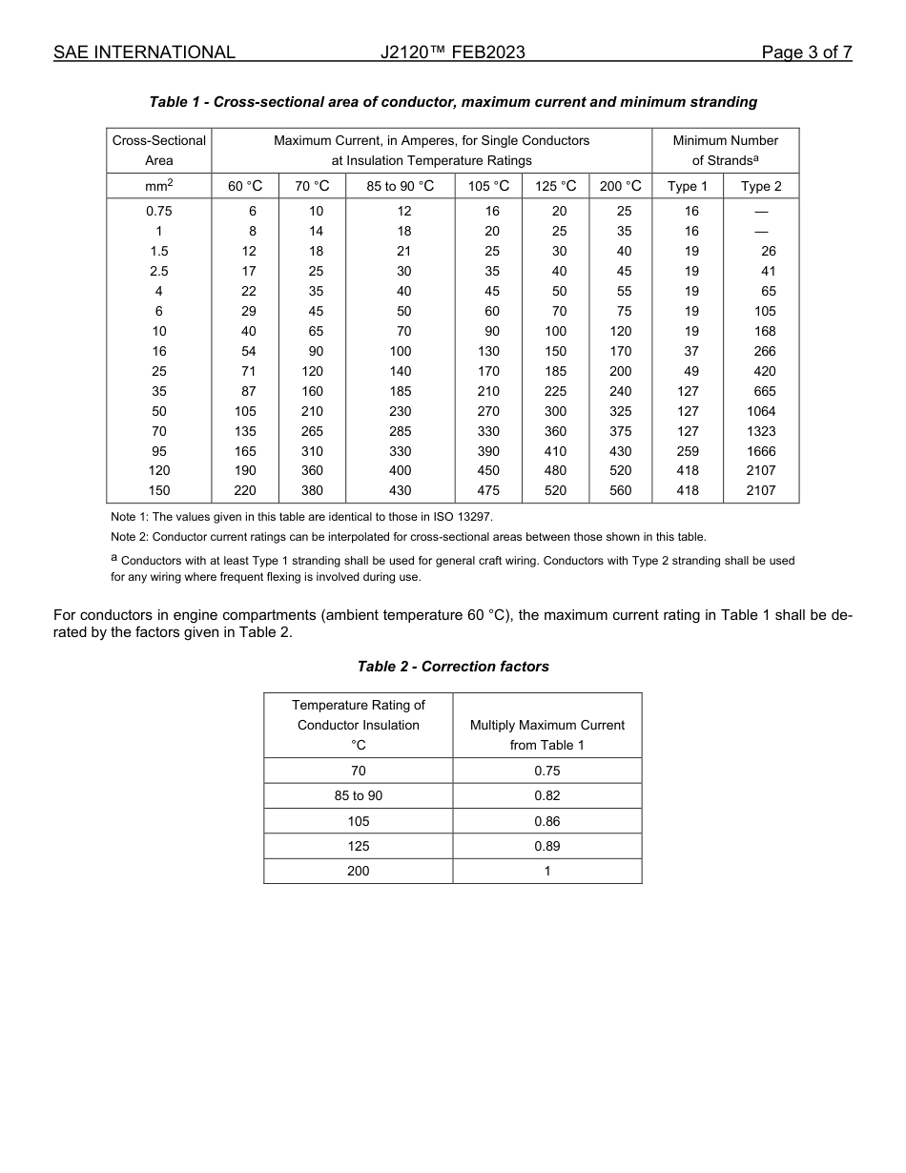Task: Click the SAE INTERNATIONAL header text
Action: click(144, 52)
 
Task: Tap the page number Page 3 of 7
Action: click(806, 52)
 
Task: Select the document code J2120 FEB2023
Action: click(452, 52)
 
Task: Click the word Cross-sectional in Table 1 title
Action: click(262, 102)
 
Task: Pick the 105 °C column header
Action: click(488, 187)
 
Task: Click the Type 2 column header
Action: click(760, 187)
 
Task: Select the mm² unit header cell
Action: click(158, 187)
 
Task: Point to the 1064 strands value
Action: click(760, 411)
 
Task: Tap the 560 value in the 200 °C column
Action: click(620, 490)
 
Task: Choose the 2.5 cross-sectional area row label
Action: click(158, 271)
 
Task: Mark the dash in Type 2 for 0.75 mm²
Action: click(760, 211)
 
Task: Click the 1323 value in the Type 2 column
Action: click(760, 431)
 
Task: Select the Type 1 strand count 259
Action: click(687, 451)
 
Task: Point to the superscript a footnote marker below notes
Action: click(114, 559)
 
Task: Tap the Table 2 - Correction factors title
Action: click(453, 667)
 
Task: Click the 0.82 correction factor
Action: click(546, 795)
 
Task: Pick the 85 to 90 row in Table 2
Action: click(358, 795)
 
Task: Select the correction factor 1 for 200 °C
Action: click(546, 871)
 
